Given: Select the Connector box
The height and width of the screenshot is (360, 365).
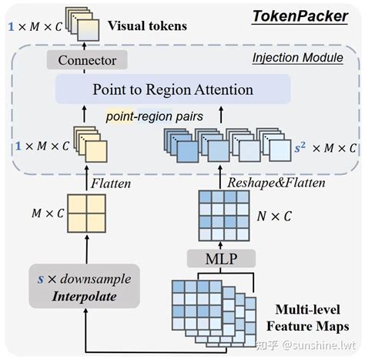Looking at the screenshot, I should (x=79, y=61).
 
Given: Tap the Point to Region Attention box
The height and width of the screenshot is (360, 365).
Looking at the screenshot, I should (x=173, y=89).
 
